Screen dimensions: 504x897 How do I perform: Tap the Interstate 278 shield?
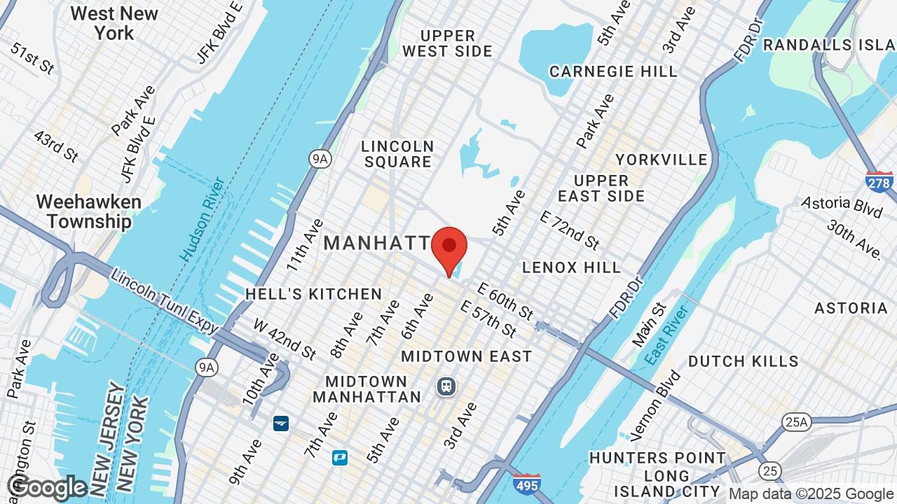click(879, 182)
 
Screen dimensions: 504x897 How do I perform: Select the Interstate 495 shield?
click(526, 484)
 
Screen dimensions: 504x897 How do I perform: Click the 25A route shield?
click(797, 421)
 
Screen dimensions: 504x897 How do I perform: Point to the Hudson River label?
click(203, 219)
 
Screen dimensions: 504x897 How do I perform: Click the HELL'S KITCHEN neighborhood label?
click(313, 294)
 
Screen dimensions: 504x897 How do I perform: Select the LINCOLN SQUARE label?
click(397, 154)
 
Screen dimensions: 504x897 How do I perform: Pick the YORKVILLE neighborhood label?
click(662, 160)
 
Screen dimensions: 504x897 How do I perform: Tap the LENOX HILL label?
click(572, 267)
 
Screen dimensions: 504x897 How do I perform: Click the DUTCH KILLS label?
click(743, 361)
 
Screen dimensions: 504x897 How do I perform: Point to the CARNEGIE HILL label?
click(613, 71)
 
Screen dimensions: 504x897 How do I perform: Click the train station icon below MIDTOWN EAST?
click(446, 386)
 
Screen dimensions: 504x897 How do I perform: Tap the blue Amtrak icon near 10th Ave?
click(280, 423)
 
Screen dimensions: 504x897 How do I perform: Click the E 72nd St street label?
click(569, 229)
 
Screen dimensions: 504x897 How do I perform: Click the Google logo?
click(47, 488)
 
